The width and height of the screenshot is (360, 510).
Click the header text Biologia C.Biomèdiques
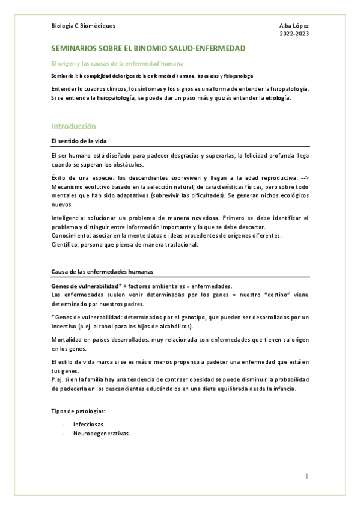pos(84,26)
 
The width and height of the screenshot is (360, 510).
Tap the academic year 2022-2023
pos(294,34)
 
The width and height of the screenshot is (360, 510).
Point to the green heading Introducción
pos(74,126)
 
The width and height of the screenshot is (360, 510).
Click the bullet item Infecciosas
pos(89,424)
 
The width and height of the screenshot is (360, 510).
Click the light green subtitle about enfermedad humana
pos(117,63)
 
